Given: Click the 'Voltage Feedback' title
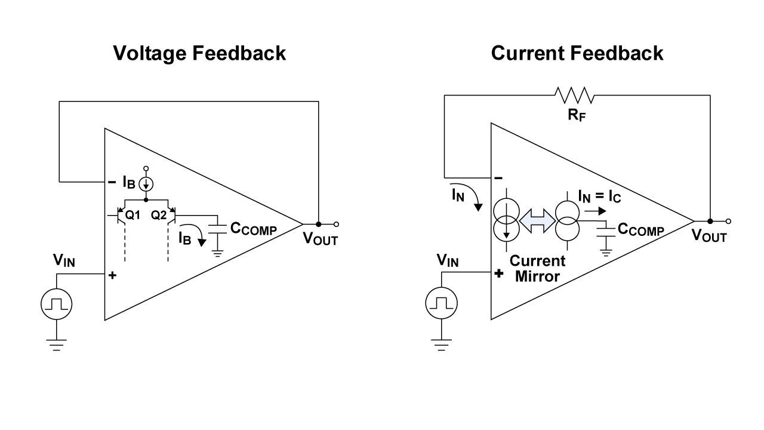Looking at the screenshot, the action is (x=199, y=53).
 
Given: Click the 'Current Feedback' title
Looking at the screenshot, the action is (x=577, y=53).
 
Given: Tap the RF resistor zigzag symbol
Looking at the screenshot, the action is (x=574, y=95).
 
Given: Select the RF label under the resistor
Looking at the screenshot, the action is (x=577, y=115).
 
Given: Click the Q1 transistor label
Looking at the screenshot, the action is (x=133, y=215).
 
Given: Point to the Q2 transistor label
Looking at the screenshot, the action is (x=159, y=215).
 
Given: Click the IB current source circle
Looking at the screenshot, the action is (x=146, y=185).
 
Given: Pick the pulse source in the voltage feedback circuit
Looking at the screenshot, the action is (x=56, y=304).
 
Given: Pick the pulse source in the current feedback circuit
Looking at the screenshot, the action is (x=441, y=303).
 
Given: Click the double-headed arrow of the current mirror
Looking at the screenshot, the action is (x=537, y=221).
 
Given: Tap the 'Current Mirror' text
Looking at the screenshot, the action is (x=538, y=269).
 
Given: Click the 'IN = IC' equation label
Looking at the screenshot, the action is (x=600, y=196).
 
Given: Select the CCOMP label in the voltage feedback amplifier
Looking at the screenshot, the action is (x=254, y=228).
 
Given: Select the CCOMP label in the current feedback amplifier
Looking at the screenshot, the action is (x=641, y=229).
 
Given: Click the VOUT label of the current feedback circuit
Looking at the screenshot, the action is (x=709, y=235).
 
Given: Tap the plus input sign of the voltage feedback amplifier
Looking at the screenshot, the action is (x=112, y=275).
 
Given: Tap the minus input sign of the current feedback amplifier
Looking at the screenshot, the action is (x=498, y=178).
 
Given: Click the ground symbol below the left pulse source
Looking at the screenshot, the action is (x=56, y=345).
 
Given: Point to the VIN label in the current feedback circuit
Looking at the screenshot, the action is (x=448, y=260).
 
